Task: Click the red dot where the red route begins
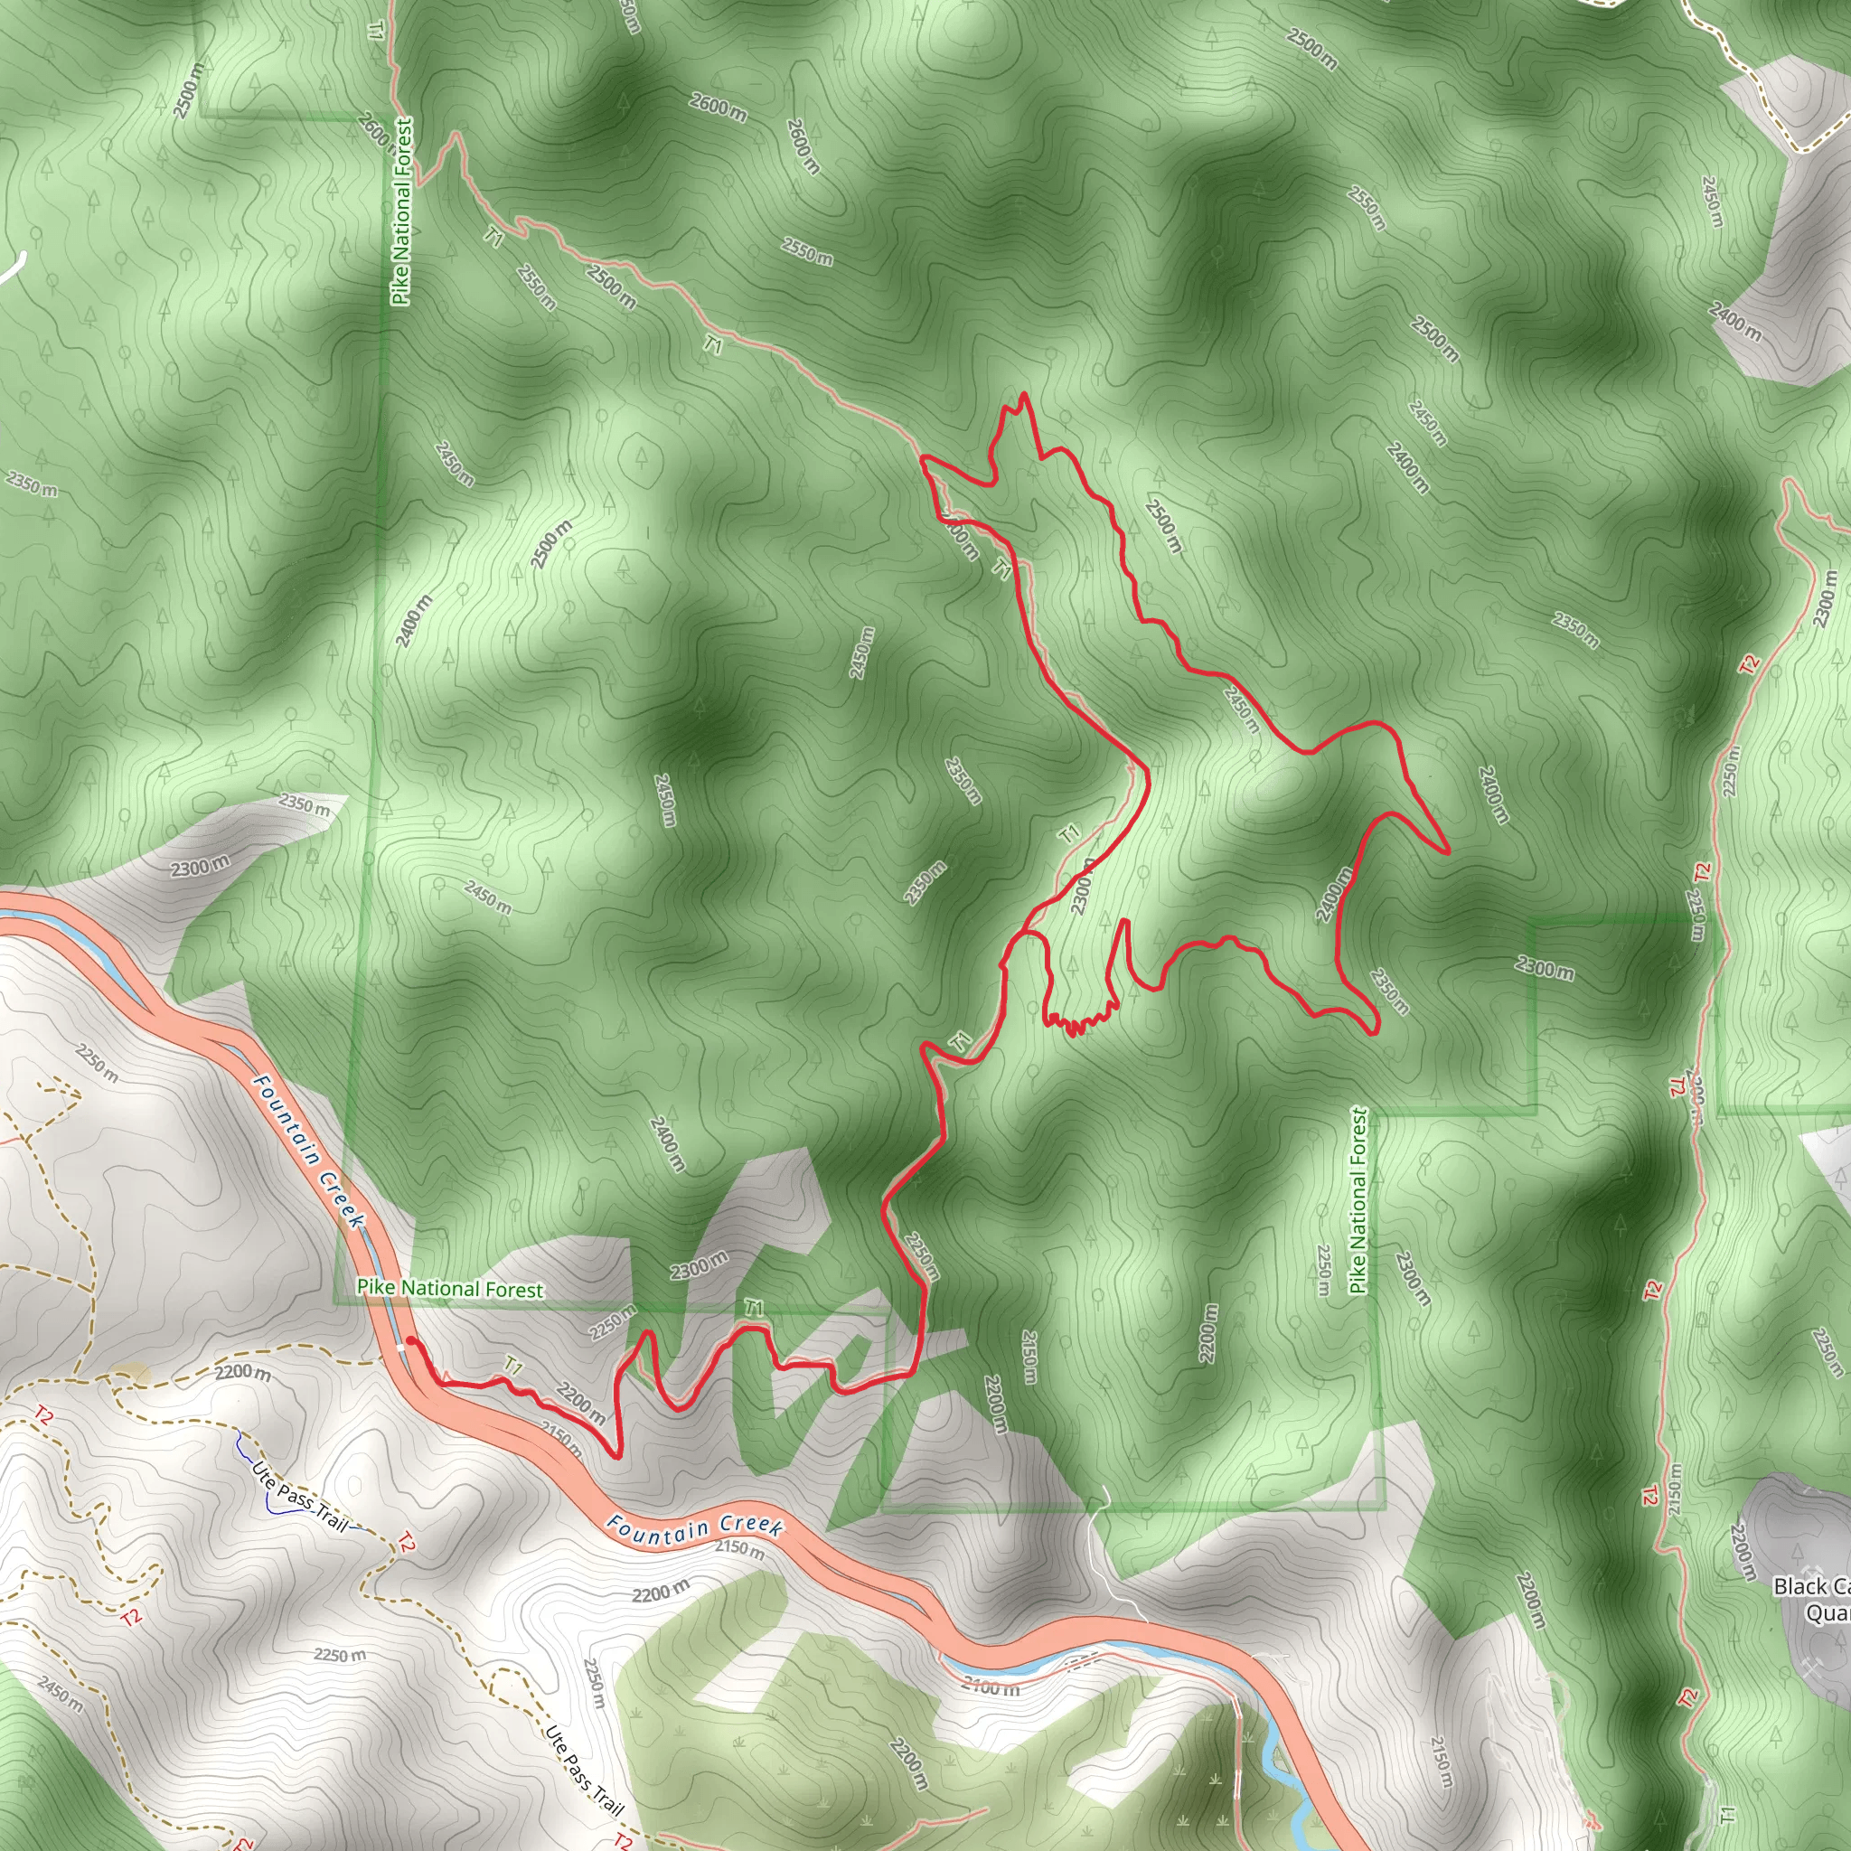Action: (410, 1340)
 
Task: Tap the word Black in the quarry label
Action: (1799, 1586)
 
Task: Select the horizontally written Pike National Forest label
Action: (449, 1289)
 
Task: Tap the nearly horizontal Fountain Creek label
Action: (695, 1527)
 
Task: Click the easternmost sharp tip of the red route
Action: (1447, 850)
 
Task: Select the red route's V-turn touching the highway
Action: (616, 1455)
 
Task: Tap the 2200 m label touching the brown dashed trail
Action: (241, 1373)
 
